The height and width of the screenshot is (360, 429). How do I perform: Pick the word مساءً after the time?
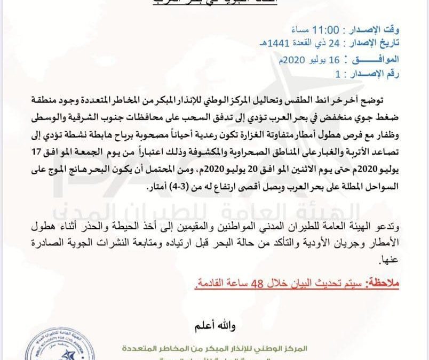pyautogui.click(x=319, y=28)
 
